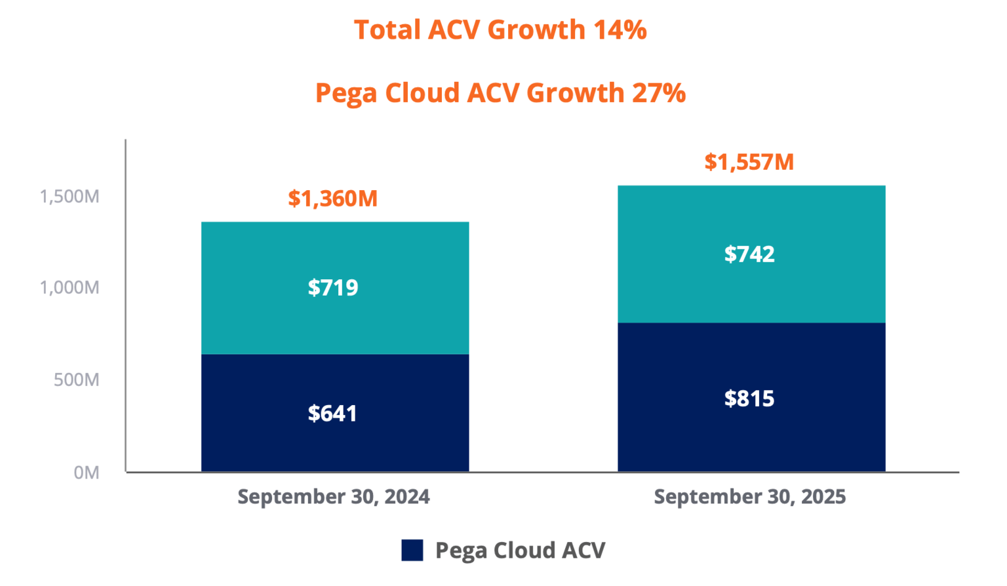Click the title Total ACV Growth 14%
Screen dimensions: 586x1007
click(500, 30)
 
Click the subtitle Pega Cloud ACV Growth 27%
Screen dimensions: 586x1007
click(500, 93)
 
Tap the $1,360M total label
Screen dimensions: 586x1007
click(333, 199)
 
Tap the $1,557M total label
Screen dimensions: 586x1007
click(749, 162)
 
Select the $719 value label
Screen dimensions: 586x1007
click(333, 288)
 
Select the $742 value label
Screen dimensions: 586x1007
click(749, 254)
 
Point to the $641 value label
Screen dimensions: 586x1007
click(333, 414)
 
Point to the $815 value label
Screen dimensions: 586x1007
click(749, 399)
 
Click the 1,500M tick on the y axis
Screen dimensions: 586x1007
click(69, 197)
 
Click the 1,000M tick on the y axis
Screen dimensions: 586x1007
click(69, 288)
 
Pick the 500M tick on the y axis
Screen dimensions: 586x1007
click(77, 380)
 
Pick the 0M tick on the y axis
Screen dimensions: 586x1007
click(87, 473)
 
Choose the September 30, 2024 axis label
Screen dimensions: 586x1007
click(334, 497)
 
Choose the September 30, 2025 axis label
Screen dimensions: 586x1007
click(750, 497)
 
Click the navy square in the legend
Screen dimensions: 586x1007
click(412, 551)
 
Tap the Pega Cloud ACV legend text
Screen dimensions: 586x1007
click(521, 551)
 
